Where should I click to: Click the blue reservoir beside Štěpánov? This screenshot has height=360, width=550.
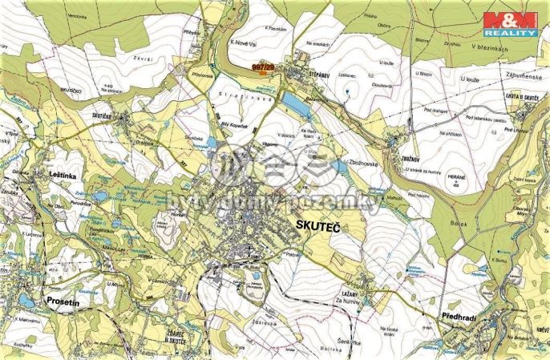294,103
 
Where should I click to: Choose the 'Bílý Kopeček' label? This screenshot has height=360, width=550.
235,126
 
